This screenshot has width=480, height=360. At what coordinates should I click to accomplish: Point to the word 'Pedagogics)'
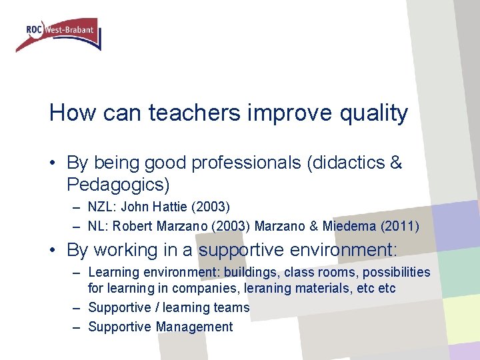tap(118, 183)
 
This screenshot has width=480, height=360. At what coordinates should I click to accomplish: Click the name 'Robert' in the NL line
tap(136, 227)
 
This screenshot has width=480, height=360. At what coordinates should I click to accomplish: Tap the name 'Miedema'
tap(351, 227)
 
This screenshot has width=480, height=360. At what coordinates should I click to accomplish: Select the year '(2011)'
tap(400, 227)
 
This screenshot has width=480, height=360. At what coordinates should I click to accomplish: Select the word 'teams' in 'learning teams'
tap(232, 308)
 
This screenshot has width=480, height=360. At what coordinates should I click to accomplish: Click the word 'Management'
tap(194, 327)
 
